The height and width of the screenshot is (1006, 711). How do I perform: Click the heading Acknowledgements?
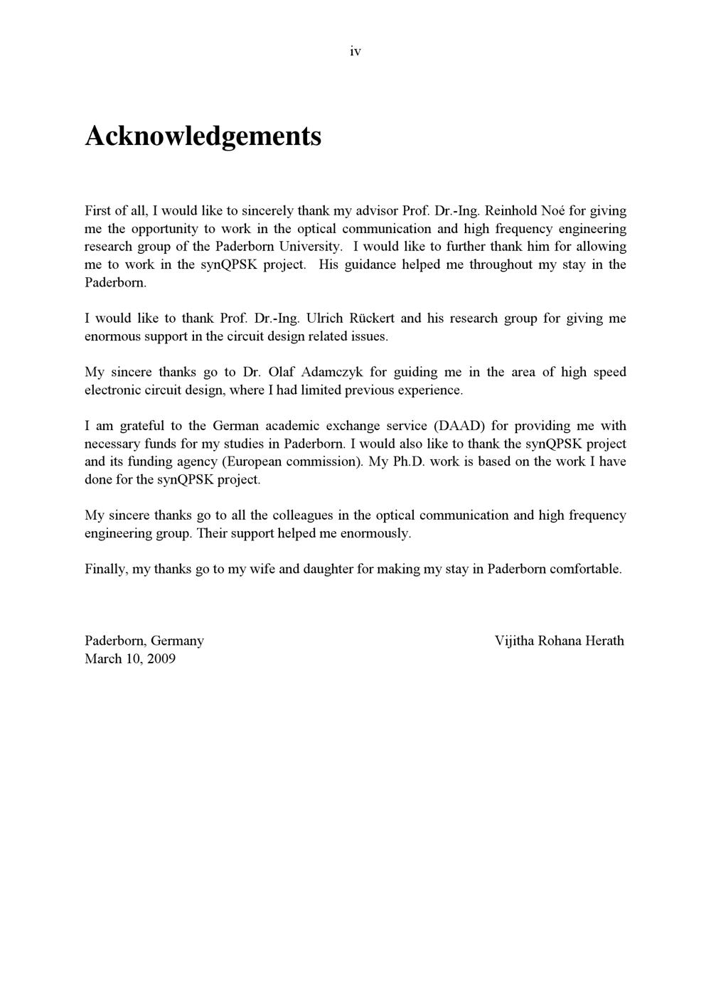tap(203, 135)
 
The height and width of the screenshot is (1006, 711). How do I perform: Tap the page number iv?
tap(355, 51)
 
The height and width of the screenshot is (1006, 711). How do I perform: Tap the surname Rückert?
tap(373, 318)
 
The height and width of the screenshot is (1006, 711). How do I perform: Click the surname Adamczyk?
tap(333, 372)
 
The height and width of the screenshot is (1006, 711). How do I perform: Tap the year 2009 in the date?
tap(161, 658)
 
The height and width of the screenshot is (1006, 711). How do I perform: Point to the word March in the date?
tap(102, 658)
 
